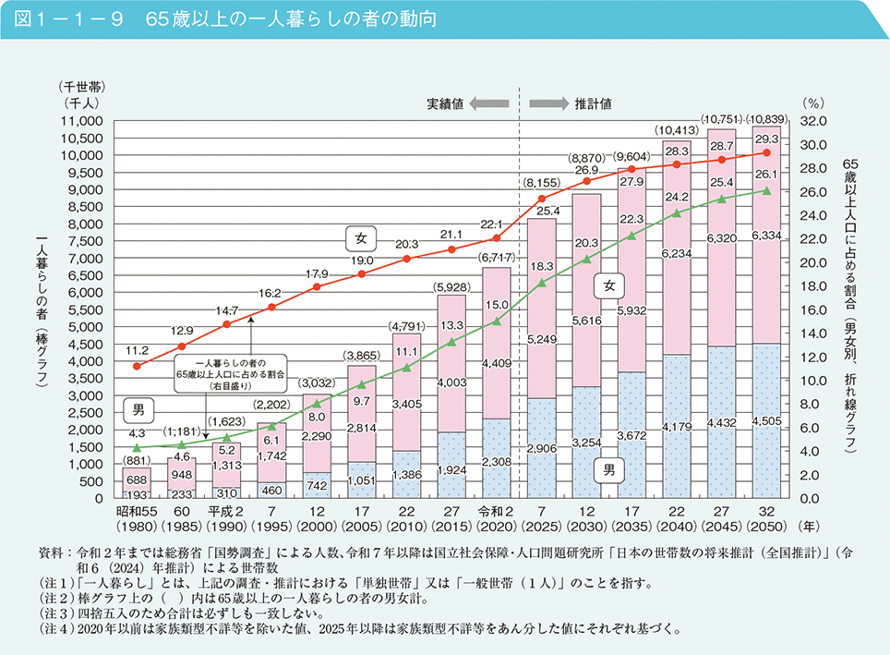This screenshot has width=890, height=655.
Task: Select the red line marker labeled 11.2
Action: [x=137, y=366]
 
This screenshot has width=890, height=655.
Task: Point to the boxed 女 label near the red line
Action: [x=361, y=238]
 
